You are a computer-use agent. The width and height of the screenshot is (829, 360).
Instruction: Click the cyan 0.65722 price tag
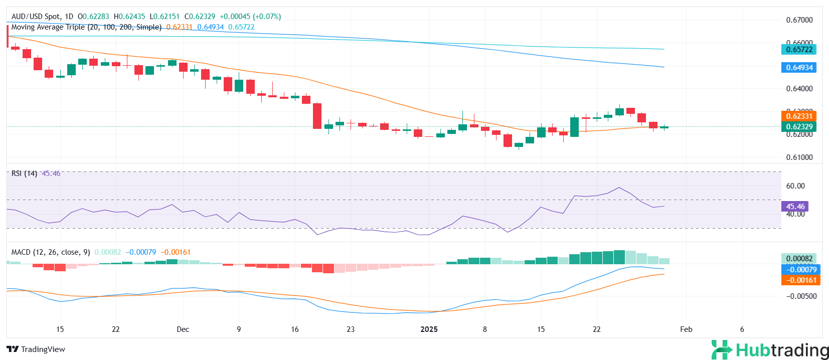[798, 50]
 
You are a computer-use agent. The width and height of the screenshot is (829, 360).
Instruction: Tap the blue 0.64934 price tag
[798, 68]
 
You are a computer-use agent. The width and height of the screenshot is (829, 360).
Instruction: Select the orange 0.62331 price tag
[798, 116]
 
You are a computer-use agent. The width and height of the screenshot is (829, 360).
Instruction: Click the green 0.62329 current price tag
[798, 127]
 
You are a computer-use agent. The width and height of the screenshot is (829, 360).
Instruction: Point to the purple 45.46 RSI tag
[795, 207]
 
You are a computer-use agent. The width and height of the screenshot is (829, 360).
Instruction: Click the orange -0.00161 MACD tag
[800, 280]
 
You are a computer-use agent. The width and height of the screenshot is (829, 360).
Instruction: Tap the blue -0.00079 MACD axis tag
[800, 270]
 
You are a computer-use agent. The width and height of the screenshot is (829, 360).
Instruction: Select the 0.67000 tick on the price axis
[799, 20]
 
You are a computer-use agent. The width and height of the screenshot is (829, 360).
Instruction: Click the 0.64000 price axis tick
[799, 89]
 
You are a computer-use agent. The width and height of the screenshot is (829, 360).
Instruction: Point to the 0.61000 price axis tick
[799, 157]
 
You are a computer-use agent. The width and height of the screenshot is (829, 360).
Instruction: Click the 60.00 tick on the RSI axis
[795, 186]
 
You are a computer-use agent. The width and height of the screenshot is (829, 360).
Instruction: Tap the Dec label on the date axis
[183, 329]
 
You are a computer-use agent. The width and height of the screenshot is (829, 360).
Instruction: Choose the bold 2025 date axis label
[429, 329]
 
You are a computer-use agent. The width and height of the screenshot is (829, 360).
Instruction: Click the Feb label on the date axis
[686, 329]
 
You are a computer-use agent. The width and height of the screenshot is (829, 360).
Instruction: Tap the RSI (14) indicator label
[24, 173]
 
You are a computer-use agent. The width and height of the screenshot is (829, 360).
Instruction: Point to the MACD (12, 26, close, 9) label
[51, 252]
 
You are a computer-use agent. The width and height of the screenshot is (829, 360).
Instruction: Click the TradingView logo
[36, 349]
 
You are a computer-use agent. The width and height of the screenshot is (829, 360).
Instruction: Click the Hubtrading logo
[770, 350]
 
